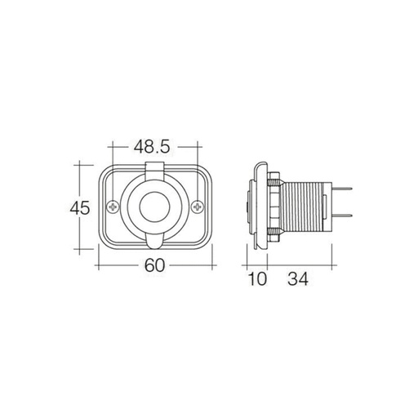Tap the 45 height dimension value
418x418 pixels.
[78, 208]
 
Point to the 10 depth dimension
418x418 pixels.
[257, 280]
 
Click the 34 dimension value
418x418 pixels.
[297, 280]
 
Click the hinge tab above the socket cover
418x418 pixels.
[154, 169]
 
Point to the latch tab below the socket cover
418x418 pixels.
[154, 244]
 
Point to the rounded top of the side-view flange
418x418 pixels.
[260, 162]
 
